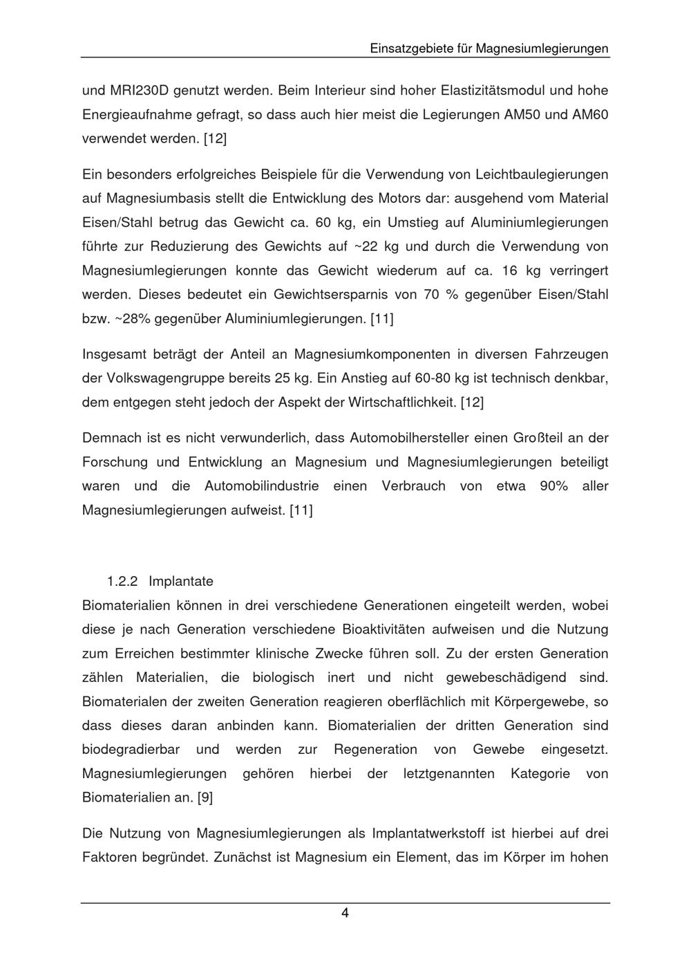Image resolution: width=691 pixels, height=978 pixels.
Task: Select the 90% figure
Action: point(553,486)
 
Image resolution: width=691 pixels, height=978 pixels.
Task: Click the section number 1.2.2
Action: point(122,581)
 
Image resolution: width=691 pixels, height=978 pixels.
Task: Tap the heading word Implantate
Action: point(181,581)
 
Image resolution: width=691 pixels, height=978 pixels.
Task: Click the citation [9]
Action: point(205,798)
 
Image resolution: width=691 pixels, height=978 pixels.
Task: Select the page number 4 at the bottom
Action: point(345,914)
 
